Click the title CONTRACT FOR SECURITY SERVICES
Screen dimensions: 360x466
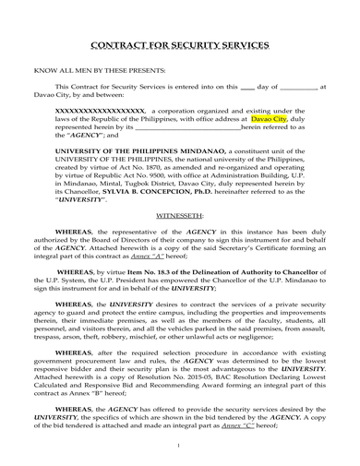[x=180, y=44]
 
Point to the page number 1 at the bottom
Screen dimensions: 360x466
[x=180, y=446]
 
